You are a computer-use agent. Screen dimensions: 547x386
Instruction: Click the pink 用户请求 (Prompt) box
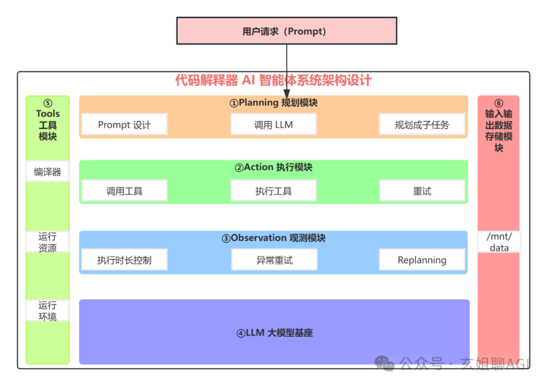286,31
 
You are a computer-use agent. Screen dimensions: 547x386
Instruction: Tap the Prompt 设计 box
124,125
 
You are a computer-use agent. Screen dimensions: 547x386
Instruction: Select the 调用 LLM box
273,125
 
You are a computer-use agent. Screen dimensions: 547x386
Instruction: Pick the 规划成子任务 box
422,125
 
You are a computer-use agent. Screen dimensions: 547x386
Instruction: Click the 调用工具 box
124,191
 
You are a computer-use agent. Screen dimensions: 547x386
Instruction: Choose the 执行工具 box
273,191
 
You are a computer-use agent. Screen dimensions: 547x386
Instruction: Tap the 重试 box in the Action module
422,191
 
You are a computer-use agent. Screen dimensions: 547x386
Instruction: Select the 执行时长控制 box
124,260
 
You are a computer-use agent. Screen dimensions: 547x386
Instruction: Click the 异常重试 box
274,260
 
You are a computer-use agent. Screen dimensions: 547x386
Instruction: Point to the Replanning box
422,260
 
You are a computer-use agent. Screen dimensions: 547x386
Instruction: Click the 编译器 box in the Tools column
48,172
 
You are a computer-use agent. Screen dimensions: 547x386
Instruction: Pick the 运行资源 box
48,242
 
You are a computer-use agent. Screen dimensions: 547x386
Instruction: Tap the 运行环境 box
48,311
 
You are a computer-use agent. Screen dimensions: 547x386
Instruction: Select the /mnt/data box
499,242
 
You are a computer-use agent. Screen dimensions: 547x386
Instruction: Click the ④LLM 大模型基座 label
274,333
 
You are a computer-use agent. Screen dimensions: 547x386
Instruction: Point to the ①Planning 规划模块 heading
273,103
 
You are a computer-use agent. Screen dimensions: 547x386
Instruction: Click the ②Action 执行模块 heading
273,168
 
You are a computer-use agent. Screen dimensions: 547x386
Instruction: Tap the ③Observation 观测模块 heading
273,238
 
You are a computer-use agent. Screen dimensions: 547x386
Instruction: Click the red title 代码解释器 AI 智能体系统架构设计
273,81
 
